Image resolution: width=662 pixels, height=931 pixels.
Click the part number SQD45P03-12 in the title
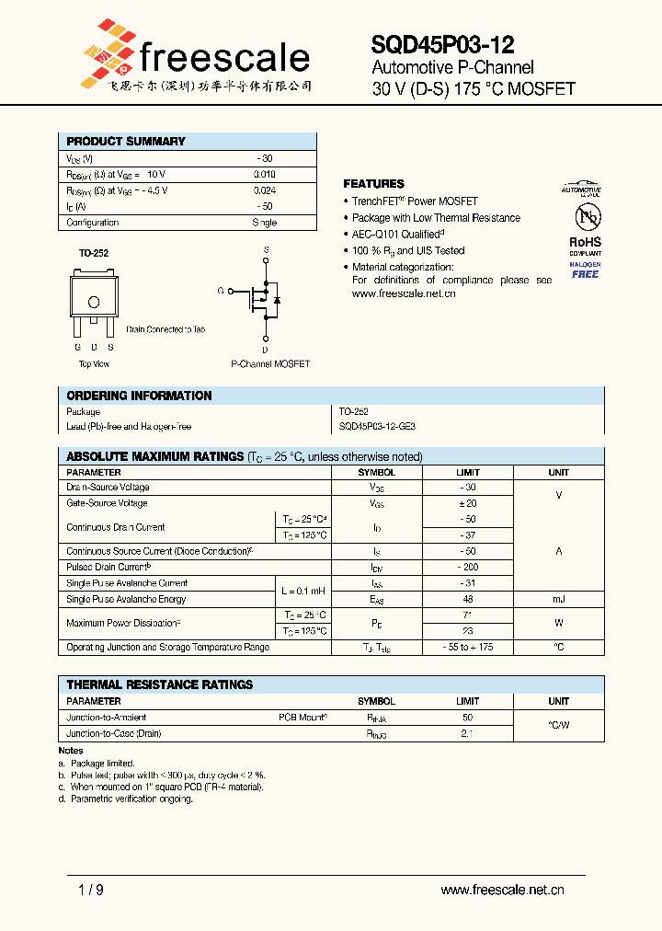pyautogui.click(x=442, y=45)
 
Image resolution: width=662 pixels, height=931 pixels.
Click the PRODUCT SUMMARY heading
pyautogui.click(x=126, y=142)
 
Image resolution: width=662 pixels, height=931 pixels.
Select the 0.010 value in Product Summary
pyautogui.click(x=264, y=174)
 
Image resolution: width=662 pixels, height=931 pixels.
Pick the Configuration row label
pyautogui.click(x=93, y=223)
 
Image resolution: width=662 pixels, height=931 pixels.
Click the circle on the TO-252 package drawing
pyautogui.click(x=93, y=303)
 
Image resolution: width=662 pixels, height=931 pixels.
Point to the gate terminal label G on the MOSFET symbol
pyautogui.click(x=221, y=291)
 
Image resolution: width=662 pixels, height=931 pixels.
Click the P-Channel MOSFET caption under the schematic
pyautogui.click(x=270, y=364)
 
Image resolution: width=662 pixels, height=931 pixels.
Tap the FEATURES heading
pyautogui.click(x=373, y=184)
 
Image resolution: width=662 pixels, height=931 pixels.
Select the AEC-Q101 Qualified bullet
pyautogui.click(x=395, y=235)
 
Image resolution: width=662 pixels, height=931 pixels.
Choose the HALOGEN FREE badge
pyautogui.click(x=585, y=270)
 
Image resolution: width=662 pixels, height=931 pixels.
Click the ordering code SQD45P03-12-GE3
pyautogui.click(x=377, y=427)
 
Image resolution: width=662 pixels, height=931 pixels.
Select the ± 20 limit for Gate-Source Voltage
pyautogui.click(x=467, y=503)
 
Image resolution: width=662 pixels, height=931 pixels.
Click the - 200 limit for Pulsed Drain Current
pyautogui.click(x=467, y=568)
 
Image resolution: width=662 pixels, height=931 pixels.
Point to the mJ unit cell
pyautogui.click(x=558, y=599)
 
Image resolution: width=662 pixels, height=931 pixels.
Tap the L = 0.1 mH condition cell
pyautogui.click(x=302, y=591)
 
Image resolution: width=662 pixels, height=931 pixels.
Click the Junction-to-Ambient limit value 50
pyautogui.click(x=467, y=717)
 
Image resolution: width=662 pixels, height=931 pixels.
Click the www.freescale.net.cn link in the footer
pyautogui.click(x=502, y=891)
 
